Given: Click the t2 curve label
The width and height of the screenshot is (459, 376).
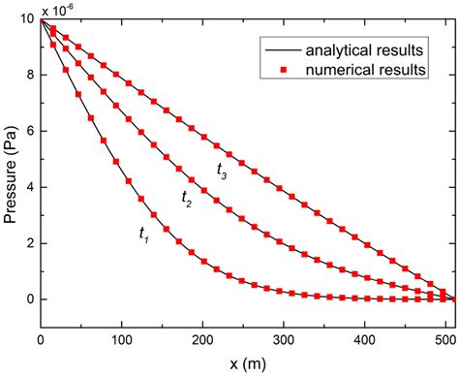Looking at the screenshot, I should click(187, 198).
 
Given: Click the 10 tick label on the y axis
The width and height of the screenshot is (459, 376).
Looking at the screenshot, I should click(25, 19).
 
